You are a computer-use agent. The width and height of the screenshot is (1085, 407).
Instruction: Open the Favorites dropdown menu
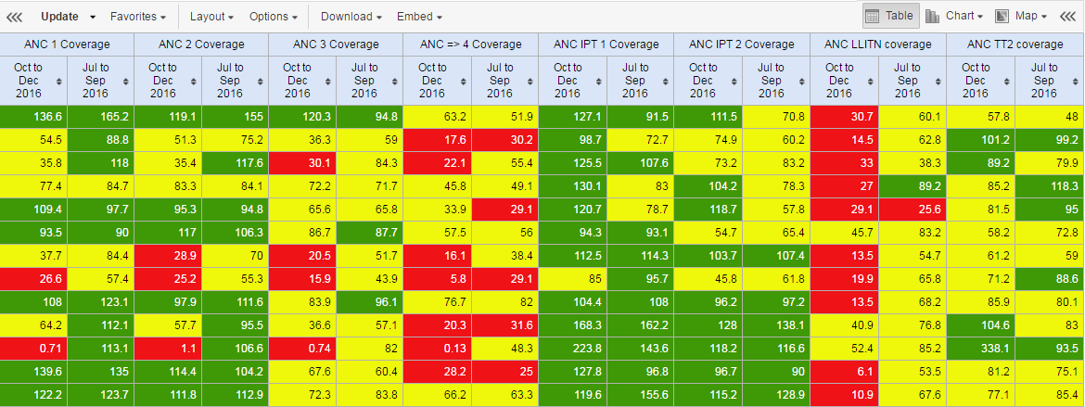[137, 17]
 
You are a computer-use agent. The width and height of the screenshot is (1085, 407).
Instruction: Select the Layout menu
[211, 17]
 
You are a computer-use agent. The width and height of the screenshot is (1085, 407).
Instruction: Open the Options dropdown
[274, 17]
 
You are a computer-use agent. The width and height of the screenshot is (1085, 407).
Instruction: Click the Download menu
[351, 17]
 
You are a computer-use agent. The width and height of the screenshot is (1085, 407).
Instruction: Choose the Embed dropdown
[419, 17]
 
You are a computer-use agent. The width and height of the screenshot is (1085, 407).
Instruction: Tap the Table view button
[889, 16]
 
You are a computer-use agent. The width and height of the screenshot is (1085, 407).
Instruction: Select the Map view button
[1021, 16]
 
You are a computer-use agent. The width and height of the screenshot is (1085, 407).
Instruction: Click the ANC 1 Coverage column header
[67, 45]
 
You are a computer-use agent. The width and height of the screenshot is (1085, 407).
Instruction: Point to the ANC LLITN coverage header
[878, 45]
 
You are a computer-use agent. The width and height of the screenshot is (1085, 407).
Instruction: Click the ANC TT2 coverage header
[1015, 45]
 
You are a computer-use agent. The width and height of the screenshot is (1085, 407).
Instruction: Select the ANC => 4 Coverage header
[471, 45]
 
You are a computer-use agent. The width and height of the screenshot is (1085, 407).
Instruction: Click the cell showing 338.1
[980, 349]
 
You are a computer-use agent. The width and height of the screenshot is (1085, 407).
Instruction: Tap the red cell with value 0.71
[33, 349]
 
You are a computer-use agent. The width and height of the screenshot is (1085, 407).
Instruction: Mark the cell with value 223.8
[573, 349]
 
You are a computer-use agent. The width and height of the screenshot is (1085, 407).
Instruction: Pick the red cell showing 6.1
[844, 372]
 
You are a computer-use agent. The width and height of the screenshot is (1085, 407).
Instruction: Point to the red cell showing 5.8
[438, 279]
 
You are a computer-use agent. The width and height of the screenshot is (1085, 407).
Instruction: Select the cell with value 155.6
[640, 395]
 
